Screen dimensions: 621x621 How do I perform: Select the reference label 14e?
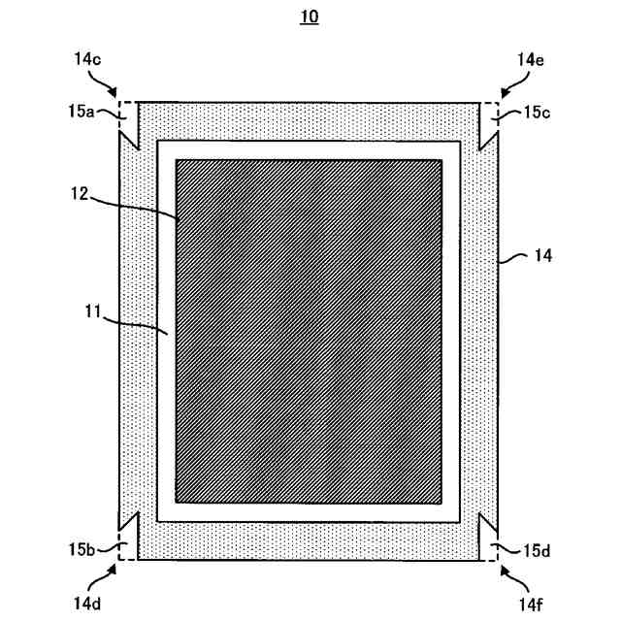pyautogui.click(x=531, y=59)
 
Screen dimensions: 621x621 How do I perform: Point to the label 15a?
pyautogui.click(x=81, y=112)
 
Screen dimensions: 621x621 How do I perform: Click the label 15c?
pyautogui.click(x=537, y=113)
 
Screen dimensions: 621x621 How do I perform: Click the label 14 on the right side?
pyautogui.click(x=542, y=256)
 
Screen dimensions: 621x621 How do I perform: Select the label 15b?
pyautogui.click(x=81, y=550)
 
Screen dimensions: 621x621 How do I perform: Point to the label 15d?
pyautogui.click(x=537, y=551)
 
